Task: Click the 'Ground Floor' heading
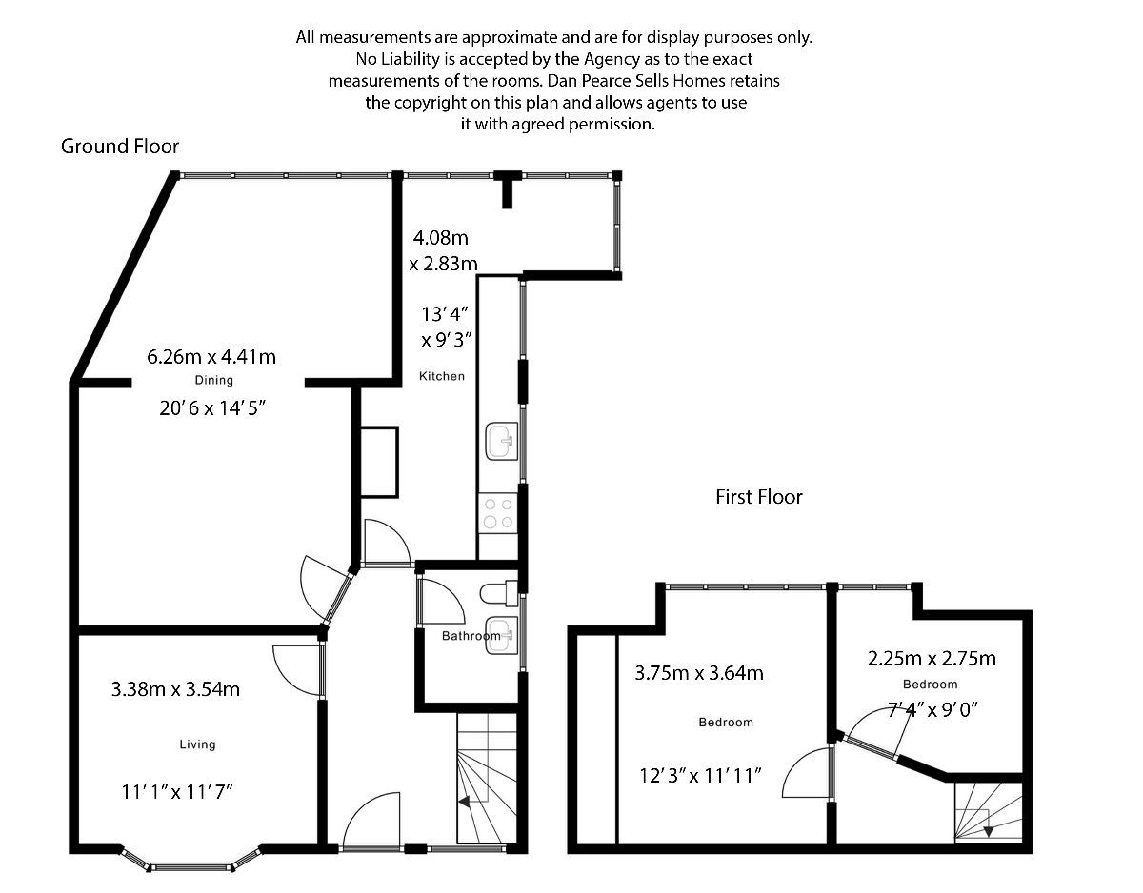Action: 120,147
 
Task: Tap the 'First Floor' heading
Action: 759,497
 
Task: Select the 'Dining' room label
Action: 214,381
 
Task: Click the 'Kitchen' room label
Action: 442,376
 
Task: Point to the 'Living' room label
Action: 197,744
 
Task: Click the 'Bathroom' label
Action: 471,636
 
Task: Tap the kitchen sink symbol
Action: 501,442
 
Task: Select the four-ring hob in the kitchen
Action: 496,513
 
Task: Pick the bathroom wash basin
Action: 501,638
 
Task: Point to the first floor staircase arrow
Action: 989,830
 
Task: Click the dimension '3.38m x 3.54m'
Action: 175,689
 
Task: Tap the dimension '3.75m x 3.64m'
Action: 699,674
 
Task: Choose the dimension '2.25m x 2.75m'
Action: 932,659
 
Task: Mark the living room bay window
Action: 190,864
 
